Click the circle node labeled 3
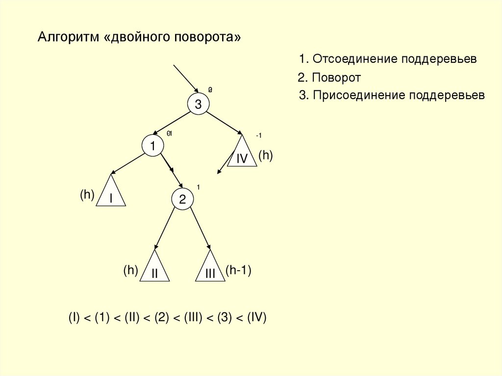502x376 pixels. pyautogui.click(x=198, y=104)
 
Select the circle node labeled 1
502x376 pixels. pyautogui.click(x=153, y=146)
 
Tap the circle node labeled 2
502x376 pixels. pyautogui.click(x=182, y=200)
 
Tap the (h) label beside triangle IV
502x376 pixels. pyautogui.click(x=265, y=155)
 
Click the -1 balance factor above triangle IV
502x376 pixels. pyautogui.click(x=259, y=136)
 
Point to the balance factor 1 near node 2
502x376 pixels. pyautogui.click(x=198, y=187)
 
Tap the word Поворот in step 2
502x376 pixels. pyautogui.click(x=336, y=77)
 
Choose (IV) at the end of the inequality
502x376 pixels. pyautogui.click(x=256, y=317)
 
